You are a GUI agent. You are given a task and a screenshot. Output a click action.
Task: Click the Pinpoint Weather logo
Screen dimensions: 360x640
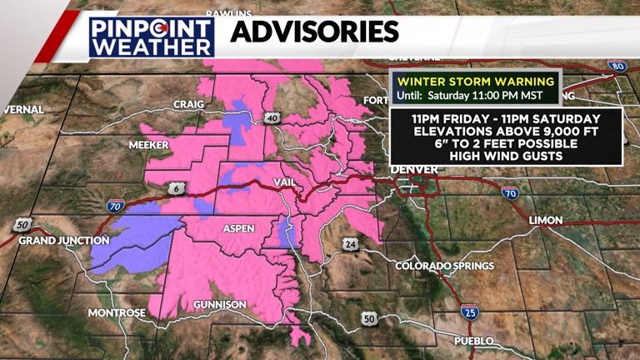(152, 36)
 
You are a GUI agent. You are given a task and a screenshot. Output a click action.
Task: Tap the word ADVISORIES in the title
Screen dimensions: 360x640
(313, 32)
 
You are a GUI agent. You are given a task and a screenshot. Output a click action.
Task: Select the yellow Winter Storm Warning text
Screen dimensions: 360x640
(475, 82)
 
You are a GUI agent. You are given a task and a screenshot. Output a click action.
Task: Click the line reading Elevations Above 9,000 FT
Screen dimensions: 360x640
(506, 130)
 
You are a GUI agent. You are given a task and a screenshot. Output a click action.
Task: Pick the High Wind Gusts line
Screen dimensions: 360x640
(506, 155)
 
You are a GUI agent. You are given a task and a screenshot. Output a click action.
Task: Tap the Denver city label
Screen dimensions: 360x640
(415, 170)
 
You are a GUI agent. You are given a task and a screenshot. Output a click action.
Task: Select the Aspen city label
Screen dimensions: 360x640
(237, 227)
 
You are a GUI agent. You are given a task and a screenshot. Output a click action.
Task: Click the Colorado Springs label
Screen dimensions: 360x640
(445, 266)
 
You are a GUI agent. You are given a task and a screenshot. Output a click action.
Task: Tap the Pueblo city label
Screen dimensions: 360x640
(473, 341)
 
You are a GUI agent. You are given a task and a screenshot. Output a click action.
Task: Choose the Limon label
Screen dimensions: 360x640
(545, 220)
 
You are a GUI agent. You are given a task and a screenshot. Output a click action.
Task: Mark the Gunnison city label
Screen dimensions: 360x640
(220, 305)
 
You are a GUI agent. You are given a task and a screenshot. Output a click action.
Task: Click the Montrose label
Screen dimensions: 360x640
(117, 313)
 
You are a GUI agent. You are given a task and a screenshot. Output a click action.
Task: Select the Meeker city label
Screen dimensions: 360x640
(148, 145)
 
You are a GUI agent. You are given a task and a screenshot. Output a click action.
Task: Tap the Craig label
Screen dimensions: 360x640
(189, 104)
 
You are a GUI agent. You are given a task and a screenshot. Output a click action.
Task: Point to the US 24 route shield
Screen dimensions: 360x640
(348, 244)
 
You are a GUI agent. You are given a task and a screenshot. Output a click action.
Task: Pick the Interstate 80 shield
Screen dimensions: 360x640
(617, 65)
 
